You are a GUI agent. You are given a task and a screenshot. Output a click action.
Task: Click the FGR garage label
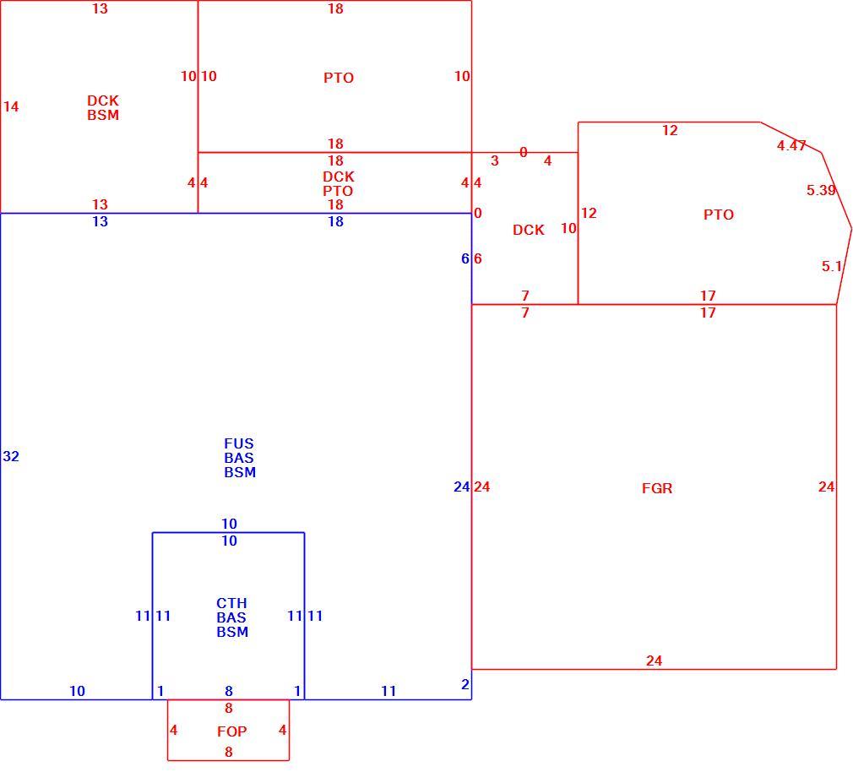(657, 488)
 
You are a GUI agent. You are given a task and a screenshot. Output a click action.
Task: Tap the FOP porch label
(231, 731)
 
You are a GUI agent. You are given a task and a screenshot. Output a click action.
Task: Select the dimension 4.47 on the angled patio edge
(791, 146)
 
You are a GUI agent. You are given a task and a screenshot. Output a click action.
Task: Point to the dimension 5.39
(821, 190)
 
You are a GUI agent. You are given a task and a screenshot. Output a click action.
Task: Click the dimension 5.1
(832, 267)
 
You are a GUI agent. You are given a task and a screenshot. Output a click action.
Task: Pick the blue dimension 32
(11, 456)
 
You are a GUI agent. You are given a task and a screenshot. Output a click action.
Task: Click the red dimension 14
(11, 106)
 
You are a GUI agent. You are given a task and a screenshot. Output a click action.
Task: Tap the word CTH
(231, 603)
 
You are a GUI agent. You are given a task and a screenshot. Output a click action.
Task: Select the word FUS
(239, 443)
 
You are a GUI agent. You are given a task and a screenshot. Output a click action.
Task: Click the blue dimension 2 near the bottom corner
(465, 684)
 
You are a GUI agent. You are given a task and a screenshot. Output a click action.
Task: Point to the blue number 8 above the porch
(229, 691)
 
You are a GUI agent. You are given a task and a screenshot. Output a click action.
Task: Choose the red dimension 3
(495, 161)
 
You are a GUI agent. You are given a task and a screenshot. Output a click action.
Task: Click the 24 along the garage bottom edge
(654, 661)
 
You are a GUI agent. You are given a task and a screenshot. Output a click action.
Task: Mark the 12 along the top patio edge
(670, 131)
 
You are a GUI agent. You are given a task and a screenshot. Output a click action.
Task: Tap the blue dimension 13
(101, 221)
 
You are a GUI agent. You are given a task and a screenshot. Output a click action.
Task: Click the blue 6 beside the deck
(465, 259)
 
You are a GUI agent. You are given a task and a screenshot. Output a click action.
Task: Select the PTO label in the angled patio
(719, 215)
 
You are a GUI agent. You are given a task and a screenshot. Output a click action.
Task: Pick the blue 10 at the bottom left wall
(77, 691)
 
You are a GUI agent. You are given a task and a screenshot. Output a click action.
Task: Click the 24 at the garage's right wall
(826, 487)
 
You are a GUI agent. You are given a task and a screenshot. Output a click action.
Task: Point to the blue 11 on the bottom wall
(388, 691)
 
